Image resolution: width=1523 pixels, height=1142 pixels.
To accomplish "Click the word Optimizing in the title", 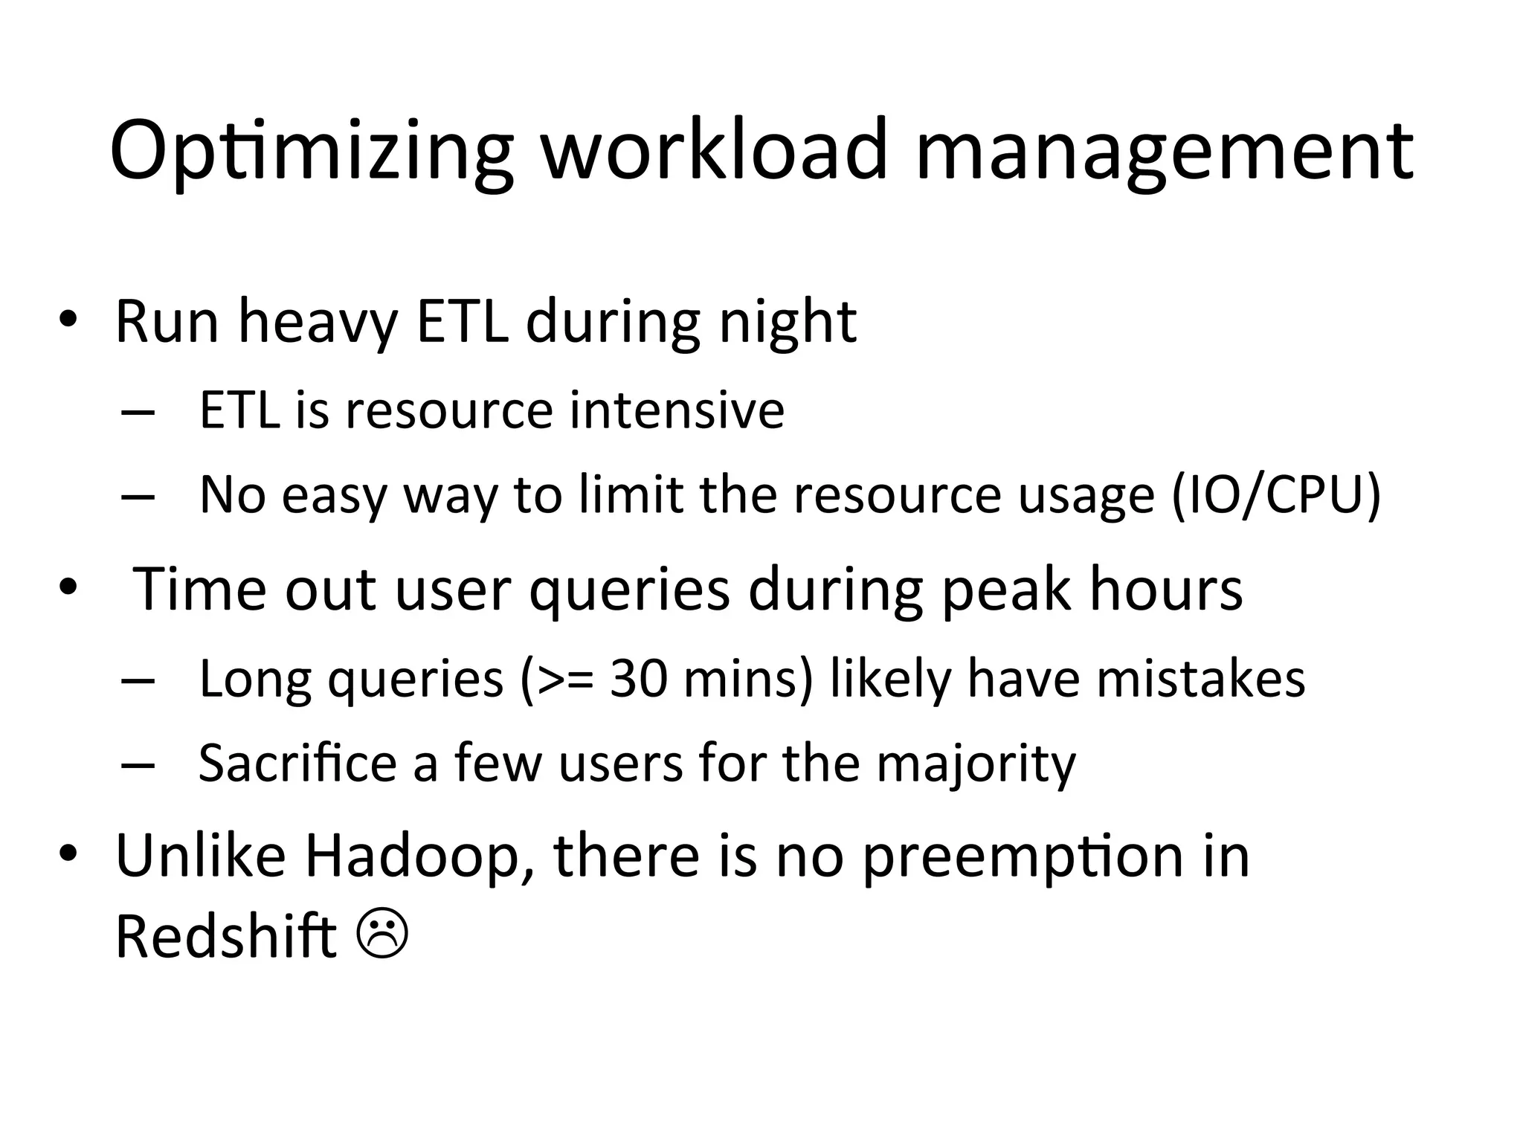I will coord(311,152).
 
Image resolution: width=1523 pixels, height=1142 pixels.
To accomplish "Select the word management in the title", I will coord(1164,152).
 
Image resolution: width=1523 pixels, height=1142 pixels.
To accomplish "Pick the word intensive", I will coord(677,410).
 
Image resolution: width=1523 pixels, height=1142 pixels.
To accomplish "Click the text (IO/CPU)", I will coord(1276,494).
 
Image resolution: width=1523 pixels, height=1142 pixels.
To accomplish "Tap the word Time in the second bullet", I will coord(199,589).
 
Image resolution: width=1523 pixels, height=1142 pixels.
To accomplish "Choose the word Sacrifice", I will coord(297,763).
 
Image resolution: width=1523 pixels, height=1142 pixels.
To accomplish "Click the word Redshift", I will coord(226,936).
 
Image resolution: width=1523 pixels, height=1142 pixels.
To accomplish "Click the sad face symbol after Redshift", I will coord(382,935).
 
